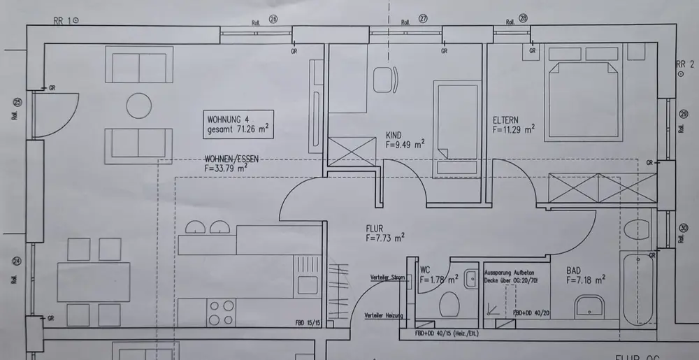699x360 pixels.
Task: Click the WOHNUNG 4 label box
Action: coord(238,124)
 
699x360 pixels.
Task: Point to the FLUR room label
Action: coord(377,228)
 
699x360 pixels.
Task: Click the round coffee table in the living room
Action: coord(139,106)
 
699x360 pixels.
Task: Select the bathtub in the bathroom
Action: coord(638,289)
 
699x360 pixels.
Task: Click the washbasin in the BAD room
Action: coord(589,305)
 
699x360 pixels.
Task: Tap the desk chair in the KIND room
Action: coord(383,79)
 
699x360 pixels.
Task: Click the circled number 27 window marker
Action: coord(423,18)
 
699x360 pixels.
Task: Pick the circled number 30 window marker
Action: coord(683,227)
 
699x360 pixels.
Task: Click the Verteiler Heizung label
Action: coord(384,317)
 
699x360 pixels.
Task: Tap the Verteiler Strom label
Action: coord(388,278)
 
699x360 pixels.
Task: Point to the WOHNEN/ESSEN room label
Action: coord(231,159)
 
